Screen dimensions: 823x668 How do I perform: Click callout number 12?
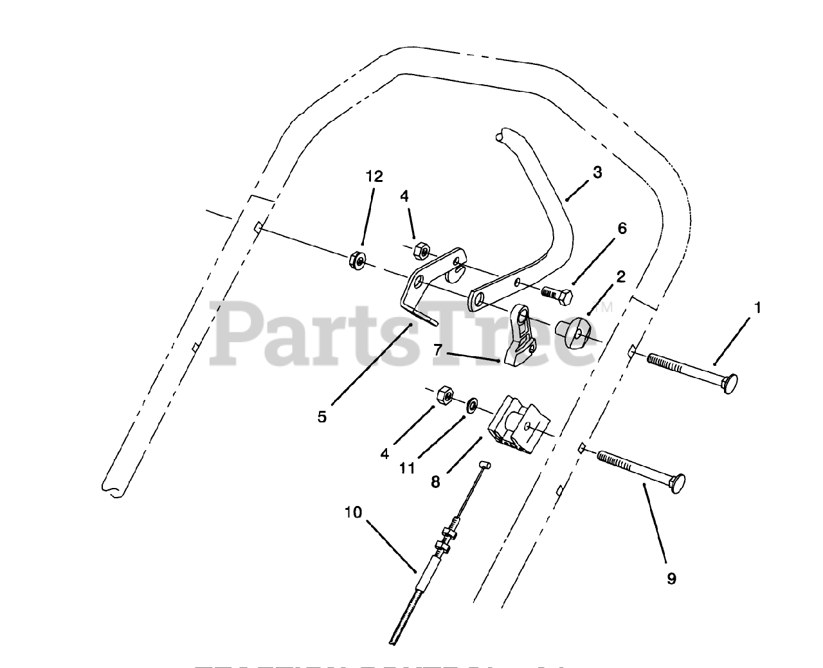pyautogui.click(x=374, y=177)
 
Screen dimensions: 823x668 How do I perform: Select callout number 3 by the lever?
pyautogui.click(x=597, y=172)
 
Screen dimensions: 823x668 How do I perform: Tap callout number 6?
pyautogui.click(x=622, y=229)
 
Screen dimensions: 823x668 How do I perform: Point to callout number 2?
pyautogui.click(x=620, y=277)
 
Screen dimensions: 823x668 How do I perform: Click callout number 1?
pyautogui.click(x=757, y=309)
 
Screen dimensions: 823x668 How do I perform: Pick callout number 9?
pyautogui.click(x=672, y=579)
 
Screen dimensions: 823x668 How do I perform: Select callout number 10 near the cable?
pyautogui.click(x=353, y=512)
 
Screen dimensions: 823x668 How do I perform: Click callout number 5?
pyautogui.click(x=322, y=417)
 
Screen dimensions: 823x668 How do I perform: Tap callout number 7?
pyautogui.click(x=438, y=350)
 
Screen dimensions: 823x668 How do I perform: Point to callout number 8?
pyautogui.click(x=435, y=482)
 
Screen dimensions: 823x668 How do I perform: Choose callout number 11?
pyautogui.click(x=406, y=468)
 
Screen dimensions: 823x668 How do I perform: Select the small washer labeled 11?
pyautogui.click(x=472, y=404)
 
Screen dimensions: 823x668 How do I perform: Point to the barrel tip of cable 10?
pyautogui.click(x=486, y=464)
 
